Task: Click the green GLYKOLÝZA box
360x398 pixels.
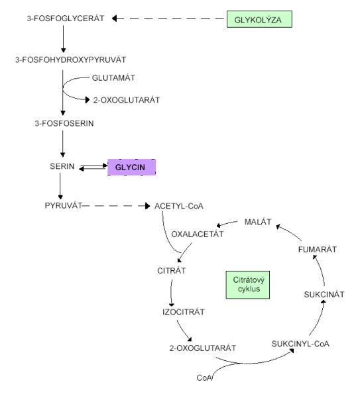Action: tap(259, 19)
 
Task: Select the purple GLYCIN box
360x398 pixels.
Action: tap(131, 167)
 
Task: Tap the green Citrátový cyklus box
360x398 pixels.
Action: tap(248, 285)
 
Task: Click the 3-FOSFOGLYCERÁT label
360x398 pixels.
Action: tap(66, 19)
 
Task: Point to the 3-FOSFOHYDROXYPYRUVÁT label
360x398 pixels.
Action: tap(71, 60)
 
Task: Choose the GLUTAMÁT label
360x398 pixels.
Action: tap(113, 77)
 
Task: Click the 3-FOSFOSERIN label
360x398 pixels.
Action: tap(64, 123)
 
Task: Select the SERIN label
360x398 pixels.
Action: tap(62, 166)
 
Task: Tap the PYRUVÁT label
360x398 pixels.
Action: tap(63, 205)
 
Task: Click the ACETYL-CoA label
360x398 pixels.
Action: tap(179, 206)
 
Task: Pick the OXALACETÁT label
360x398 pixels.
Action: tap(198, 234)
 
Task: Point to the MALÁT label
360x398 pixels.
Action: tap(258, 222)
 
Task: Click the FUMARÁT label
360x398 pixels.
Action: tap(318, 250)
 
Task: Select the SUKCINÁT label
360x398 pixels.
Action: tap(324, 295)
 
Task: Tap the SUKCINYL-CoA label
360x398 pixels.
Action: tap(300, 344)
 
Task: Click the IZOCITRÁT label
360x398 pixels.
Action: tap(184, 312)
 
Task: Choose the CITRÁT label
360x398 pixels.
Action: tap(172, 271)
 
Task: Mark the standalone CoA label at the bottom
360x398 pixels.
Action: tap(204, 377)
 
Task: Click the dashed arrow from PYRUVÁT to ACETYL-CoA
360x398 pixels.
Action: tap(116, 206)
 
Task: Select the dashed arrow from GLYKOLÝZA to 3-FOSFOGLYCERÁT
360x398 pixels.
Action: tap(168, 19)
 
